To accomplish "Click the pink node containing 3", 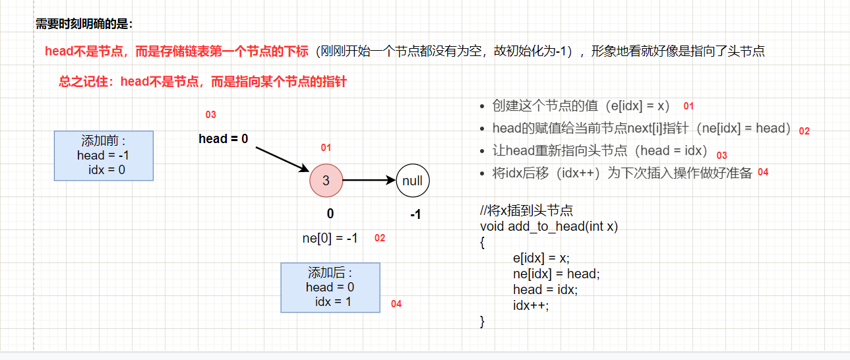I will coord(326,180).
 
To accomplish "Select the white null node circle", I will coord(413,180).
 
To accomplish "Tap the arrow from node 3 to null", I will coord(369,180).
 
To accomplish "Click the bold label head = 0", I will coord(224,139).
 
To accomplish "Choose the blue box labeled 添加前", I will coord(104,156).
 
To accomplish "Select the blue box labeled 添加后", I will coord(330,287).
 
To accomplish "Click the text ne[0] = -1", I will coord(330,238).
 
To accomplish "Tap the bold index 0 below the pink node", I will coord(330,214).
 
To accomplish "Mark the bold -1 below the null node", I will coord(415,214).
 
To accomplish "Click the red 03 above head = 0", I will coord(210,115).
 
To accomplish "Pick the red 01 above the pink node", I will coord(326,148).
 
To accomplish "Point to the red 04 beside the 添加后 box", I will coord(396,304).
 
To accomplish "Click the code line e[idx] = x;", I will coord(541,258).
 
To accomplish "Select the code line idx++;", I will coord(531,305).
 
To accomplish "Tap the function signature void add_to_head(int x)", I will coord(549,226).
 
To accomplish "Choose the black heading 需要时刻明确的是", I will coord(84,24).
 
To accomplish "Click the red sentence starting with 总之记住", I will coord(202,82).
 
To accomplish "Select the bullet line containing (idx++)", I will coord(622,173).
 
